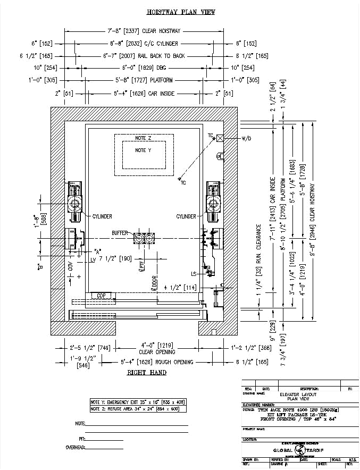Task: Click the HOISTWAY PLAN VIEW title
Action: click(x=180, y=12)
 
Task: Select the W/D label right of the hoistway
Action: click(x=246, y=139)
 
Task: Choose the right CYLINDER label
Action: click(x=186, y=216)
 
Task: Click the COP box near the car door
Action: click(x=100, y=295)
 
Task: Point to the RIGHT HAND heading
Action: click(x=146, y=372)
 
